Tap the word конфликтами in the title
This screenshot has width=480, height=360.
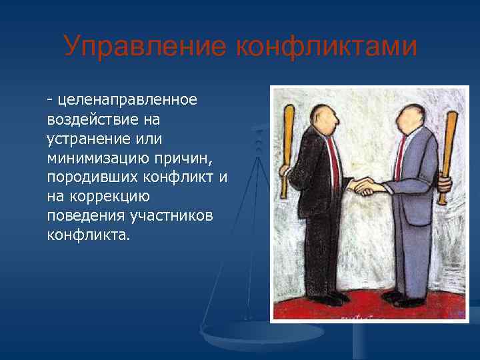(326, 47)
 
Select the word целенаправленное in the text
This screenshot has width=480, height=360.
(127, 100)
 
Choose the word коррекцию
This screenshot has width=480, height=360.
(107, 197)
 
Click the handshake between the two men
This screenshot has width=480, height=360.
(365, 185)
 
